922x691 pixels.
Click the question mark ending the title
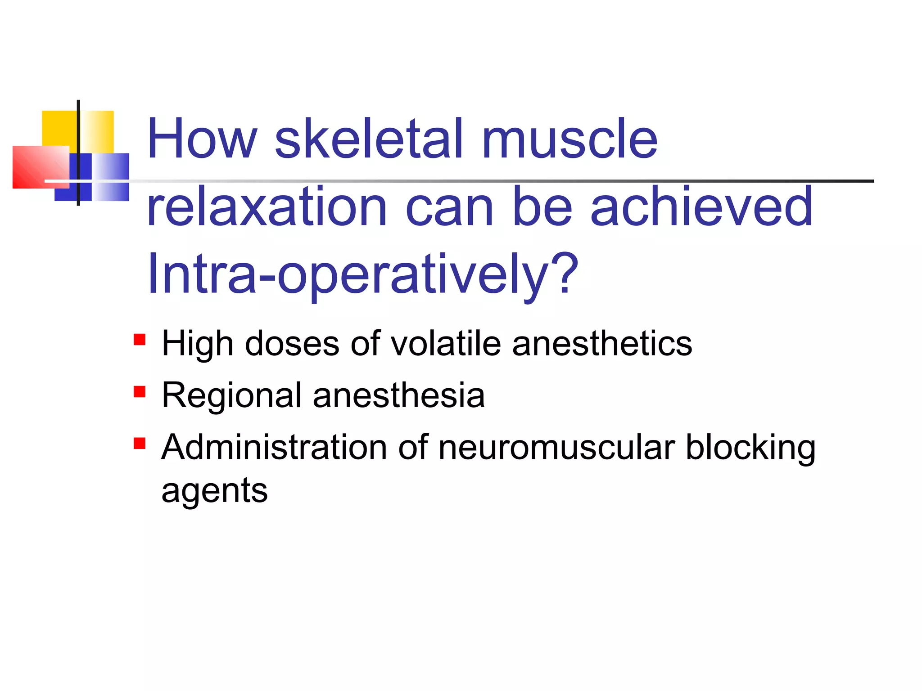point(563,272)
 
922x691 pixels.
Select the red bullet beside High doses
point(140,339)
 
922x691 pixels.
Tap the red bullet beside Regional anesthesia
point(140,391)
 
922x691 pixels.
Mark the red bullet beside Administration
point(140,444)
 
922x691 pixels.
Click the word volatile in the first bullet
point(446,344)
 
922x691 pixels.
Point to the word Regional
point(231,396)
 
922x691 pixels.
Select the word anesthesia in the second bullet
point(399,396)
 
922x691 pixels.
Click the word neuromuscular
point(556,448)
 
